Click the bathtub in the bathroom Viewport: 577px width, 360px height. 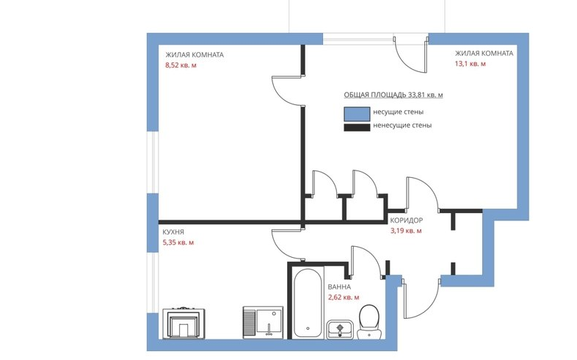(x=306, y=303)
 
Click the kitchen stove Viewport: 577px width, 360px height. (x=184, y=322)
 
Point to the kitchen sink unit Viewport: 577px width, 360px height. (x=262, y=321)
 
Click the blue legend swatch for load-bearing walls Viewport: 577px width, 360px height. (x=357, y=112)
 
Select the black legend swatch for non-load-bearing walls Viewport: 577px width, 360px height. (x=357, y=126)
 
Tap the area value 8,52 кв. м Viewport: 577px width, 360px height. (x=181, y=65)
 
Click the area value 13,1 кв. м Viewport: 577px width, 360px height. (x=470, y=64)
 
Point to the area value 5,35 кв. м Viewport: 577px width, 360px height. (x=178, y=242)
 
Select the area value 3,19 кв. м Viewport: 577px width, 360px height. (x=406, y=231)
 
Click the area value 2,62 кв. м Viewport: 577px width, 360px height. (x=344, y=298)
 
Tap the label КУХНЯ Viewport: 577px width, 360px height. (x=173, y=231)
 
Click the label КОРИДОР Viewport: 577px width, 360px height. (x=407, y=220)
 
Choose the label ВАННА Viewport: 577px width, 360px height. (x=339, y=287)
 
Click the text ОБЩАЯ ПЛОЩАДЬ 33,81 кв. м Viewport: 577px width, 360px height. (x=393, y=96)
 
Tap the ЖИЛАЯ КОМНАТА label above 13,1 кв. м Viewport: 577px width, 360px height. (x=484, y=54)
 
